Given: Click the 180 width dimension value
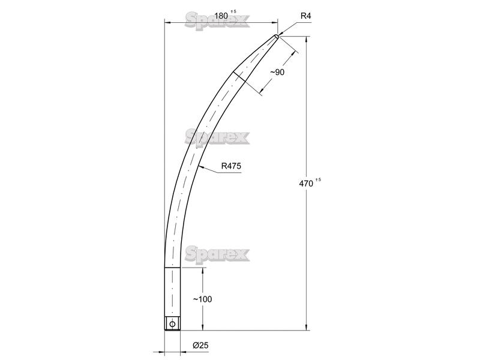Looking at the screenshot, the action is (x=221, y=16).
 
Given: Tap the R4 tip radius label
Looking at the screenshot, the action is (x=305, y=16).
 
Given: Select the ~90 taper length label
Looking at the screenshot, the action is (x=277, y=72).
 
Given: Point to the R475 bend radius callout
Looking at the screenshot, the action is (x=231, y=166).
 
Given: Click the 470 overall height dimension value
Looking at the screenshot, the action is (x=306, y=184).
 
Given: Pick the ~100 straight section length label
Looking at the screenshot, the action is (x=202, y=299).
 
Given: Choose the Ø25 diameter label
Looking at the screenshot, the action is (x=200, y=346).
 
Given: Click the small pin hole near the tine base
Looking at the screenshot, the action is (x=172, y=324).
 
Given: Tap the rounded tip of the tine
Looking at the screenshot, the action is (x=277, y=36).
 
